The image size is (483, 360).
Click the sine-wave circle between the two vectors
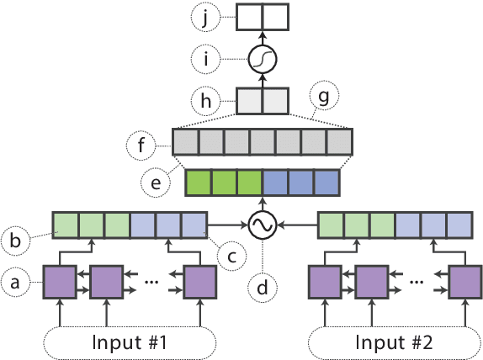click(262, 225)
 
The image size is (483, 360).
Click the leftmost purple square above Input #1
click(60, 281)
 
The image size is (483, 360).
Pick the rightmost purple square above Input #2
click(464, 281)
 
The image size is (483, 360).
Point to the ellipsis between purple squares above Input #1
click(152, 281)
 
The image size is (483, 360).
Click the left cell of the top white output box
click(249, 17)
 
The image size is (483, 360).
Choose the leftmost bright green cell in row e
click(199, 183)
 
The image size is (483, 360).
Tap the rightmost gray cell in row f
click(337, 141)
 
